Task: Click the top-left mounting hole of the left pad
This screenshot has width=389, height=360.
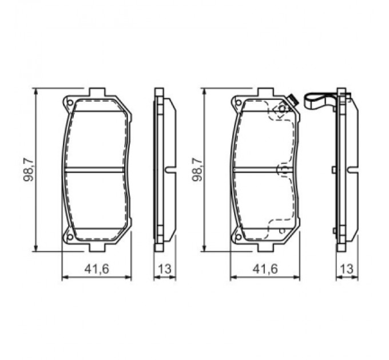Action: [x=70, y=103]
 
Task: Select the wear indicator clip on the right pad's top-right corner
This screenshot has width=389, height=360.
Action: [x=291, y=101]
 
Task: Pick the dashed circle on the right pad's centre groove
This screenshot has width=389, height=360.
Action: [x=282, y=170]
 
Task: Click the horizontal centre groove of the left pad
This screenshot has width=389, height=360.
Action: [x=96, y=169]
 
